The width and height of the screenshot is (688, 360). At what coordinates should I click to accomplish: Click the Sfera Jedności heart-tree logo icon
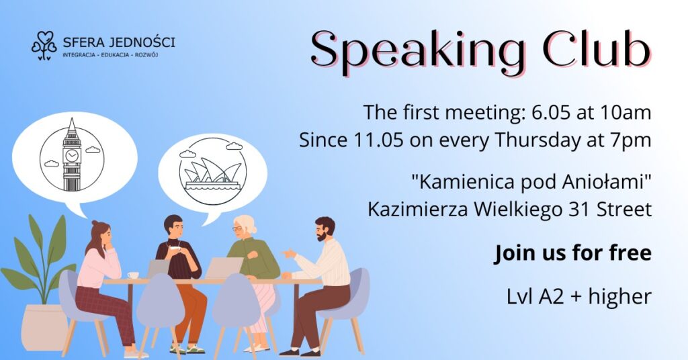pyautogui.click(x=44, y=45)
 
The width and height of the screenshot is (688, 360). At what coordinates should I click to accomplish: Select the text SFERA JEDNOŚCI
pyautogui.click(x=118, y=42)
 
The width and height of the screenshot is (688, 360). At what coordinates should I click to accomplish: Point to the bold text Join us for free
pyautogui.click(x=572, y=254)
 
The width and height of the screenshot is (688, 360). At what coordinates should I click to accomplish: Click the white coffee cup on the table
pyautogui.click(x=133, y=275)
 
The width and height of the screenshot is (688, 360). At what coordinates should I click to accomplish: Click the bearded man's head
pyautogui.click(x=325, y=228)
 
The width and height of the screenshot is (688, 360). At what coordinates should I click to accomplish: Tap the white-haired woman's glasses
pyautogui.click(x=239, y=229)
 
